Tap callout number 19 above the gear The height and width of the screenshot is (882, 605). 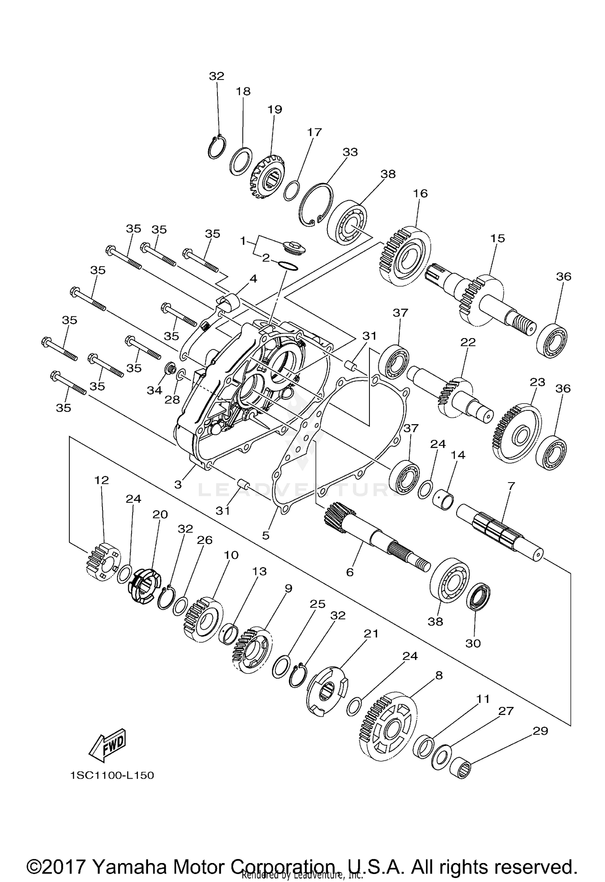click(275, 109)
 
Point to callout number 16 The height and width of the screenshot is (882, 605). click(420, 193)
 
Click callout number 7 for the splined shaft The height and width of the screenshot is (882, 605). click(511, 486)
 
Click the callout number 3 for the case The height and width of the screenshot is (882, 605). click(178, 484)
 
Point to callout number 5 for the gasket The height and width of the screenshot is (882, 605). click(265, 535)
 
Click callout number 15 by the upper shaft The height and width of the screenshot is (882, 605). click(497, 238)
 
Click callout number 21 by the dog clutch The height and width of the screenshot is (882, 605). click(371, 634)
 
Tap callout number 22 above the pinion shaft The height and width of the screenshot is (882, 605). click(468, 342)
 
